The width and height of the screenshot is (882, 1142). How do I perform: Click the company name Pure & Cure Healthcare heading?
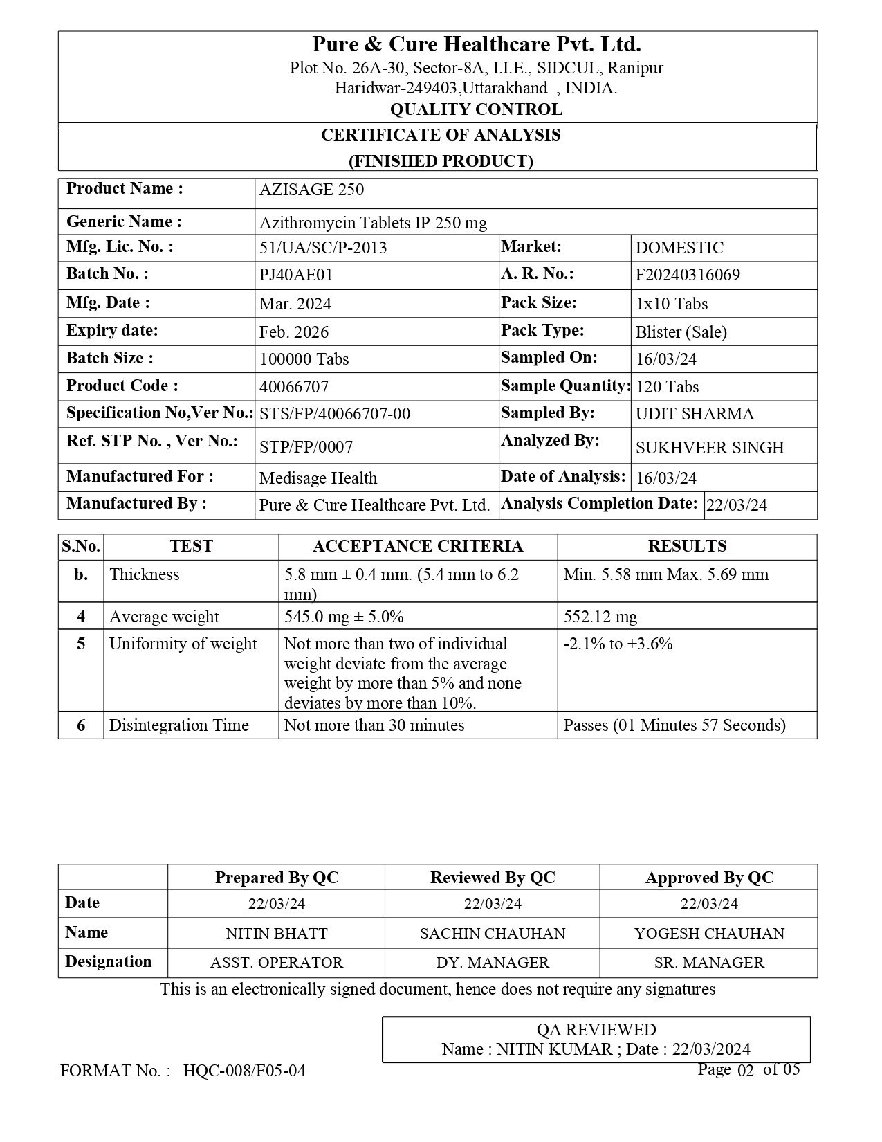pyautogui.click(x=476, y=45)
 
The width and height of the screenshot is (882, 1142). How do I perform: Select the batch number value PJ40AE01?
pyautogui.click(x=296, y=275)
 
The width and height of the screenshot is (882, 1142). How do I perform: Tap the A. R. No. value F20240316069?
pyautogui.click(x=688, y=275)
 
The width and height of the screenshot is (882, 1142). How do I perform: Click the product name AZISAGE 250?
pyautogui.click(x=311, y=190)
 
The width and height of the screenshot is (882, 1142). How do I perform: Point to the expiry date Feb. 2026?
pyautogui.click(x=294, y=332)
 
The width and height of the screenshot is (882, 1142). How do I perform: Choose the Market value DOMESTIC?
pyautogui.click(x=679, y=248)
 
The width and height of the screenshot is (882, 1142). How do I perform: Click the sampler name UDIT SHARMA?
pyautogui.click(x=695, y=414)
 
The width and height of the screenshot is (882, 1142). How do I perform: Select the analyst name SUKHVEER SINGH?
pyautogui.click(x=710, y=448)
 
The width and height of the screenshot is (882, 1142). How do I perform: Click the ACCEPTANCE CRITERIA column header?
pyautogui.click(x=418, y=546)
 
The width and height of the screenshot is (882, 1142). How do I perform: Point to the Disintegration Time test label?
pyautogui.click(x=178, y=725)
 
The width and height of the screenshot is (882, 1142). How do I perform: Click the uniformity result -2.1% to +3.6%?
pyautogui.click(x=618, y=644)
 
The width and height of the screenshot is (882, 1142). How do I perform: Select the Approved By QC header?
pyautogui.click(x=709, y=878)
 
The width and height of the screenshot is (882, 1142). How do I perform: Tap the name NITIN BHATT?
pyautogui.click(x=277, y=933)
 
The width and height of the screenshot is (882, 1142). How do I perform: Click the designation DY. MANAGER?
pyautogui.click(x=493, y=963)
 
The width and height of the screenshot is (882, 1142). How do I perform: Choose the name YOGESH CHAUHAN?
pyautogui.click(x=709, y=933)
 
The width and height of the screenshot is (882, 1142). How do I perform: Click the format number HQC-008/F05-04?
pyautogui.click(x=244, y=1071)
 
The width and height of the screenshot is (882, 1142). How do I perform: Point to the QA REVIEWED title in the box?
pyautogui.click(x=596, y=1030)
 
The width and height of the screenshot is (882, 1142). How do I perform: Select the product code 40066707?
pyautogui.click(x=294, y=387)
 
